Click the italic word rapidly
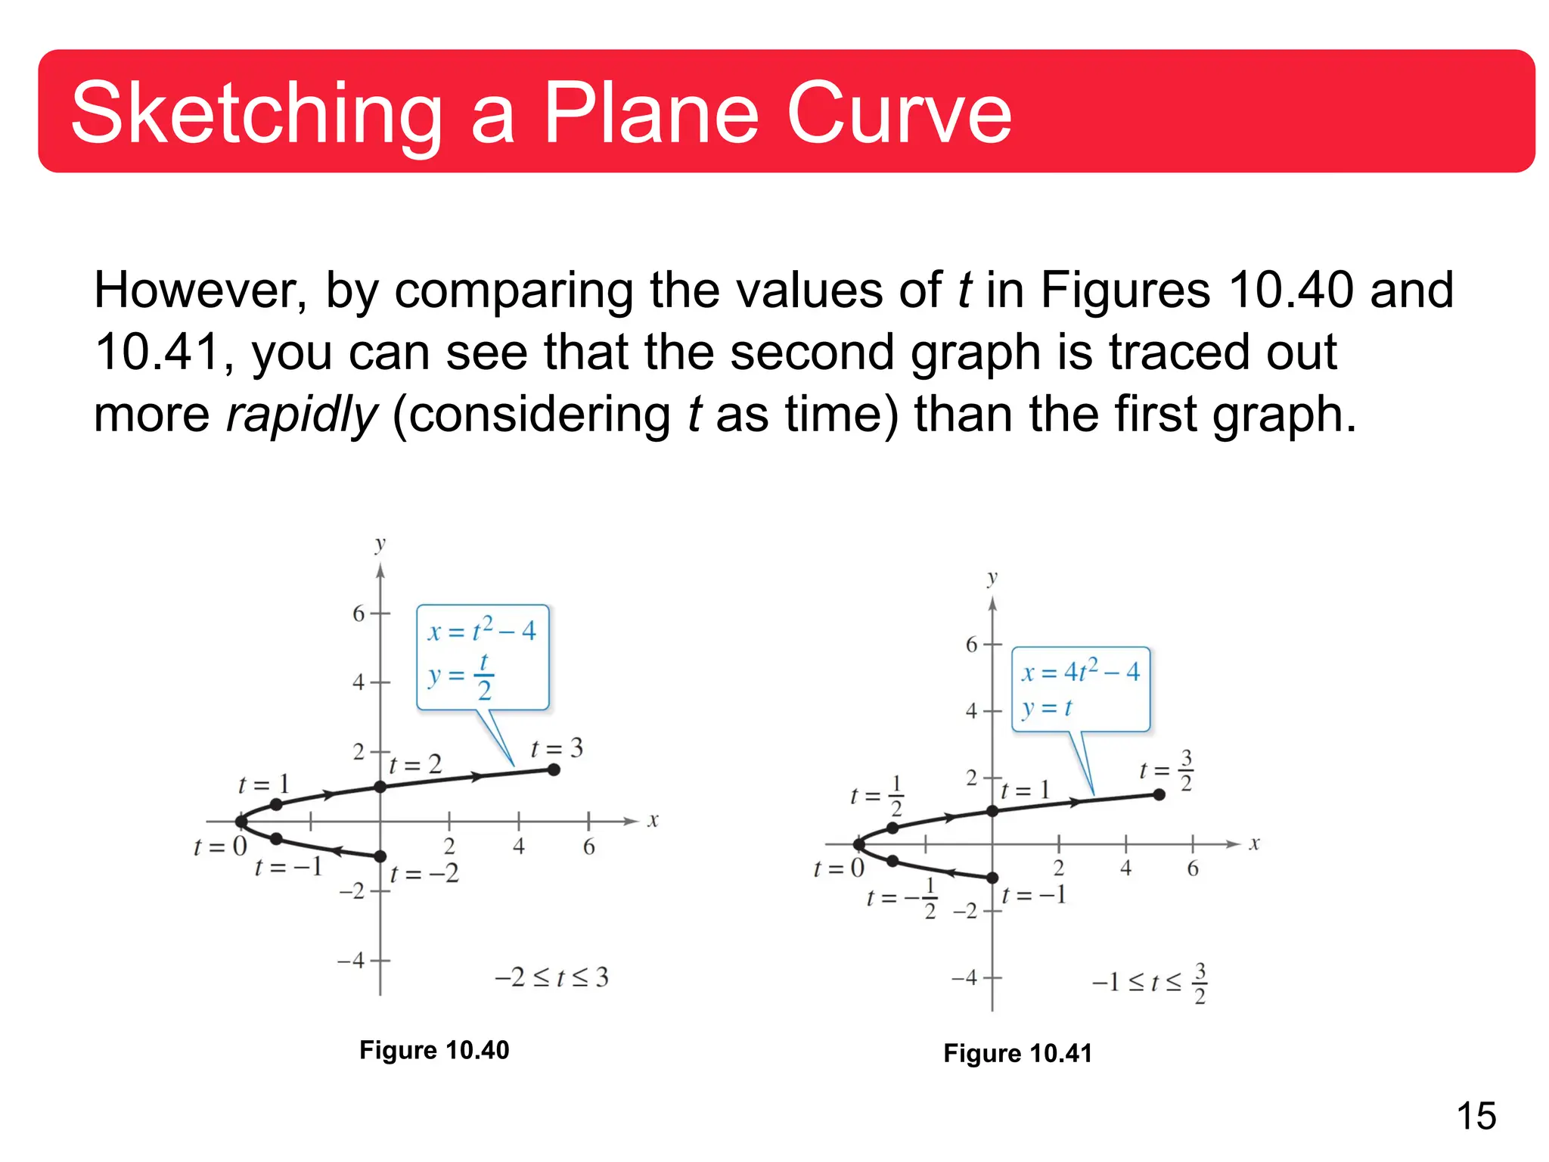tap(301, 415)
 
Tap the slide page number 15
tap(1476, 1116)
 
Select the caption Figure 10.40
tap(434, 1050)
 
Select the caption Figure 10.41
tap(1017, 1053)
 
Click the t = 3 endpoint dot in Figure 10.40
tap(554, 769)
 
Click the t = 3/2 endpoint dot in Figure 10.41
tap(1159, 794)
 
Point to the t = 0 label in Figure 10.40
tap(220, 847)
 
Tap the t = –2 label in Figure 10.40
tap(424, 874)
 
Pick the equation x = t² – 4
tap(482, 630)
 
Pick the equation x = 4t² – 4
tap(1080, 671)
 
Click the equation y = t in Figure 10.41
tap(1047, 708)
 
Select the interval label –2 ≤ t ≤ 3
tap(551, 977)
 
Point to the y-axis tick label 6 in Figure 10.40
tap(359, 614)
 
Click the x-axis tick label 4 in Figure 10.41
tap(1125, 868)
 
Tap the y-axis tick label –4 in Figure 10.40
tap(352, 961)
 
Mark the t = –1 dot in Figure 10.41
tap(992, 878)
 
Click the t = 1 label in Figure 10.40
tap(263, 785)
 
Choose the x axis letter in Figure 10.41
tap(1254, 844)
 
